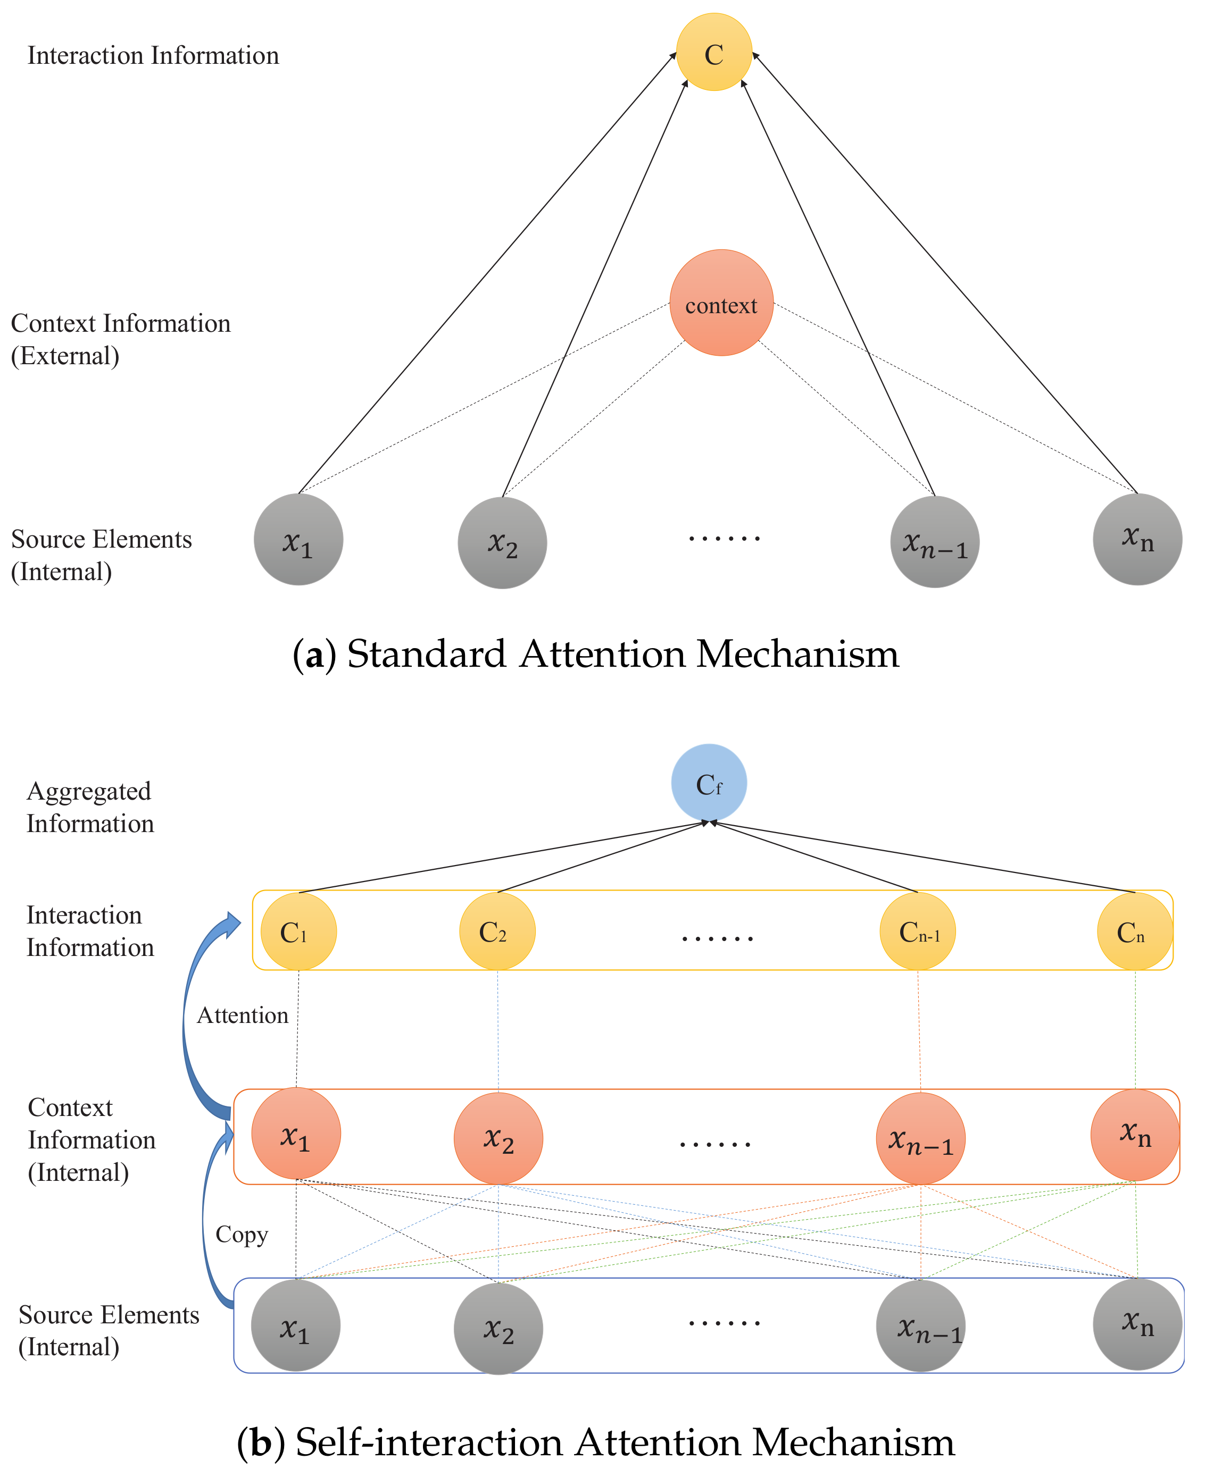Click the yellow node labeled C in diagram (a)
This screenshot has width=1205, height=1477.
tap(714, 52)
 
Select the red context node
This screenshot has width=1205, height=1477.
tap(721, 303)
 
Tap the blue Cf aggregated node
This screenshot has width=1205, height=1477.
tap(709, 783)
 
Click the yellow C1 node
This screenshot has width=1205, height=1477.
tap(298, 931)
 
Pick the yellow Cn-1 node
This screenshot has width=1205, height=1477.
tap(918, 931)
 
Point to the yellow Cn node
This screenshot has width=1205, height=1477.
tap(1134, 931)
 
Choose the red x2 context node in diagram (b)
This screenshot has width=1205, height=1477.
tap(498, 1138)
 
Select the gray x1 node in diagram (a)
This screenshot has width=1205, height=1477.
tap(298, 539)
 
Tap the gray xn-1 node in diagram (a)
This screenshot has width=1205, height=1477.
tap(934, 542)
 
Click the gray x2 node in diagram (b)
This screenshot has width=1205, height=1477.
tap(498, 1328)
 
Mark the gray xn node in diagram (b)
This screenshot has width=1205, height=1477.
tap(1137, 1324)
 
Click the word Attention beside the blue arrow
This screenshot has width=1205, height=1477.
tap(242, 1015)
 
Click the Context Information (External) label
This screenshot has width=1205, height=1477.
tap(120, 339)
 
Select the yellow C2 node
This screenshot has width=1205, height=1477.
tap(497, 931)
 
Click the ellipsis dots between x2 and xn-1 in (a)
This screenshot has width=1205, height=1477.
tap(724, 538)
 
